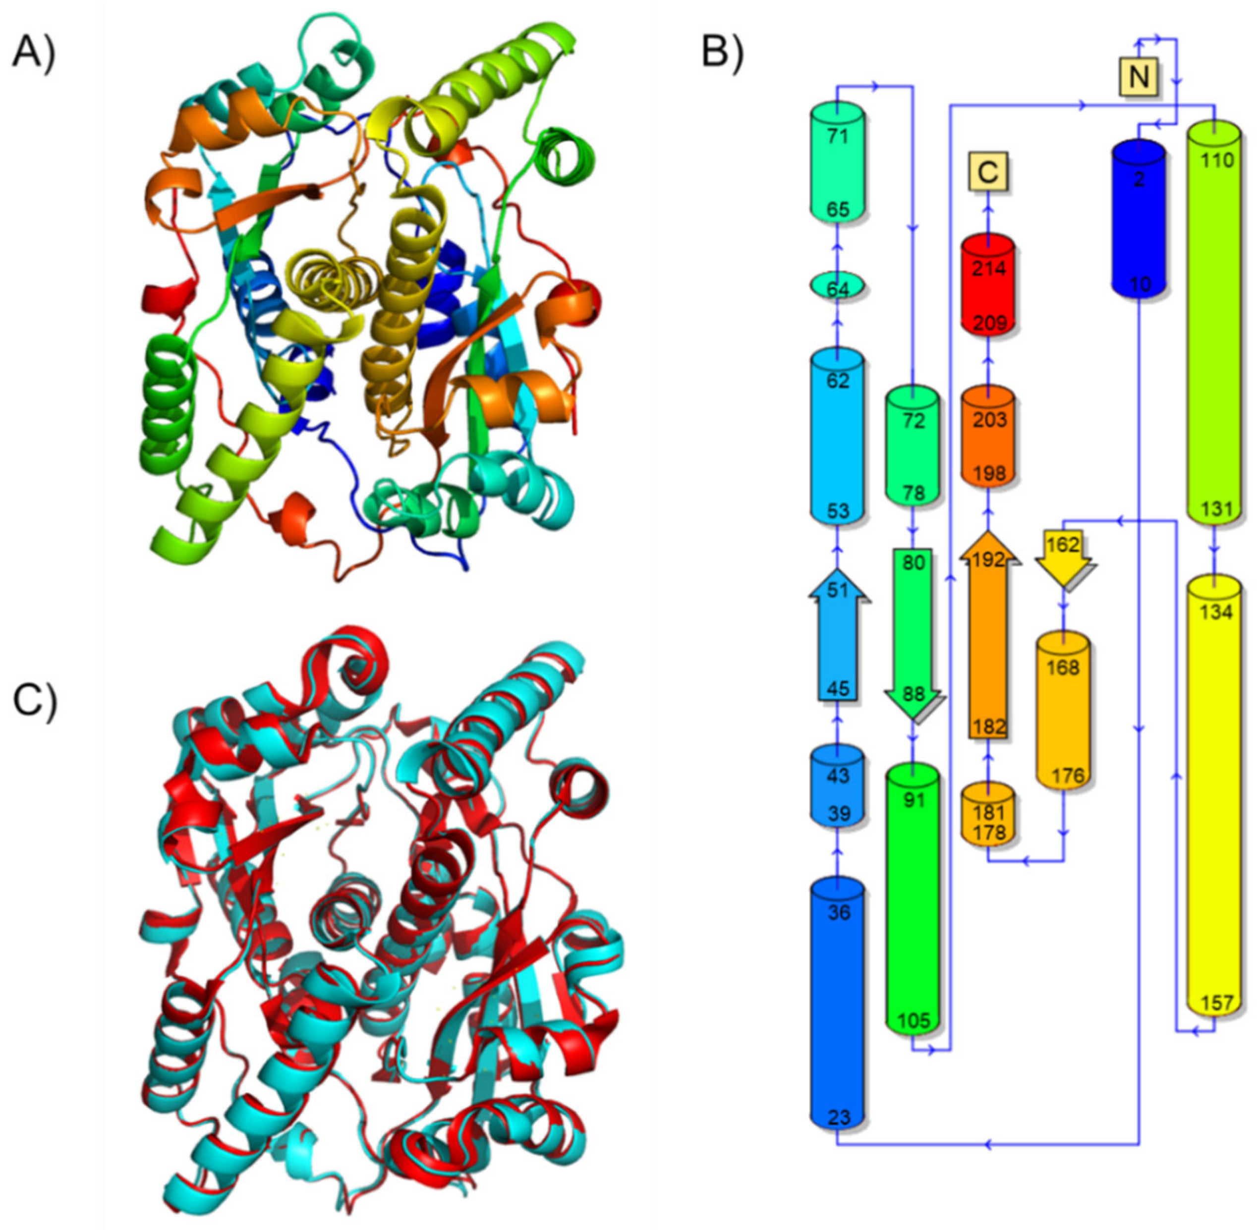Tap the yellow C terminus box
point(988,172)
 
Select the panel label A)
point(34,51)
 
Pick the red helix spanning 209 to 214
point(988,284)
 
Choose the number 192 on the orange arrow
point(988,559)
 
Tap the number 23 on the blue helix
point(838,1118)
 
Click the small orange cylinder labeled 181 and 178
point(988,822)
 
